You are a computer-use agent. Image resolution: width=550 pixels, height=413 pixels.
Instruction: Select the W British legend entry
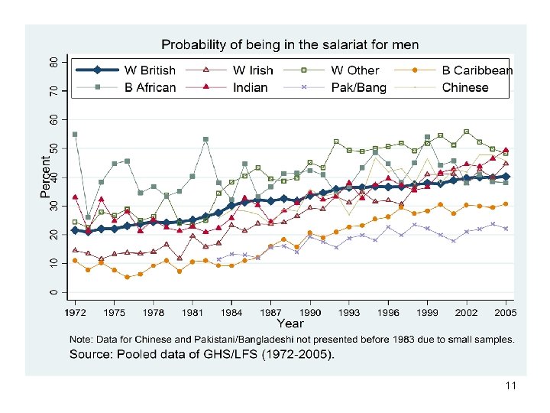tap(150, 70)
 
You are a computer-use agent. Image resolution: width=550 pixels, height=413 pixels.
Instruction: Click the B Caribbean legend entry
tap(477, 70)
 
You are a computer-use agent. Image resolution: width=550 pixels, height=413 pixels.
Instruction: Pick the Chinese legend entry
tap(464, 87)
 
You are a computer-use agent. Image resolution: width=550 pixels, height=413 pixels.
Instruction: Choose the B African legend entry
tap(150, 87)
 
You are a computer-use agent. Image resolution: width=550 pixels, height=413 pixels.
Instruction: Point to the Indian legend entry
tap(250, 87)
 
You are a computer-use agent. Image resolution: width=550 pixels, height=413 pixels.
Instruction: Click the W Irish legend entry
tap(253, 70)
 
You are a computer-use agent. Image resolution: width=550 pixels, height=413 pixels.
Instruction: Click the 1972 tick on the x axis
tap(74, 313)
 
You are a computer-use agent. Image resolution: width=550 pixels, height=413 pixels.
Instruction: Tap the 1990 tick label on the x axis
tap(311, 313)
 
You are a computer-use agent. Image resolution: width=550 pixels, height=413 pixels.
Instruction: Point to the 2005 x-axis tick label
tap(506, 313)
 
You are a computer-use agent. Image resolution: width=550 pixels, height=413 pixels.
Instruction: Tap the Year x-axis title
tap(290, 324)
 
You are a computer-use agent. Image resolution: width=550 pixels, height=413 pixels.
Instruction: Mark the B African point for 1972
tap(74, 134)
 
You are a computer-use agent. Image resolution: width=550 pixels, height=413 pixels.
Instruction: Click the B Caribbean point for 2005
tap(506, 204)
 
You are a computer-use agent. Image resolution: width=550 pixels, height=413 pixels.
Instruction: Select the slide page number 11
tap(510, 386)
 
